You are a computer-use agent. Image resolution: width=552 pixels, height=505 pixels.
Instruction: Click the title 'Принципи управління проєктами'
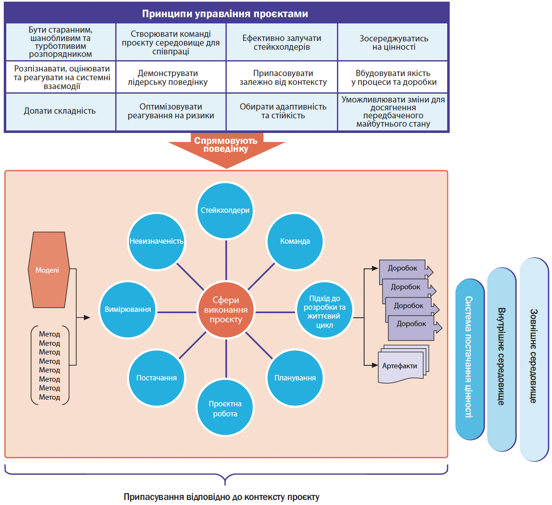point(225,14)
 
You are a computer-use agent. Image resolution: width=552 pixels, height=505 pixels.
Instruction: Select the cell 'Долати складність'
point(60,111)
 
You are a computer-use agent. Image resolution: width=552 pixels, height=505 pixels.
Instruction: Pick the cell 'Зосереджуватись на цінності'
point(393,43)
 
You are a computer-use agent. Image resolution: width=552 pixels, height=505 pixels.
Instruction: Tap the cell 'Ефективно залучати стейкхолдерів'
point(282,43)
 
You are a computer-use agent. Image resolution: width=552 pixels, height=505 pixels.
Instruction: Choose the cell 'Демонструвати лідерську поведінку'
point(171,78)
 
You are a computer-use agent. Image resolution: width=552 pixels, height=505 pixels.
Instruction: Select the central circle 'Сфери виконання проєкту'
point(226,310)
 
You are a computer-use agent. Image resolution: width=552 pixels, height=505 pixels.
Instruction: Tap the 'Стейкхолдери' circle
point(225,210)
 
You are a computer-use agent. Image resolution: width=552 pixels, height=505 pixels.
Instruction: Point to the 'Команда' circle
point(295,241)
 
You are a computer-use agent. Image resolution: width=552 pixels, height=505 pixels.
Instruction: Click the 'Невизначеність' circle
point(157,241)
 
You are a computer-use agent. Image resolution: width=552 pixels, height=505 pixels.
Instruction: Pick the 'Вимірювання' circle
point(128,309)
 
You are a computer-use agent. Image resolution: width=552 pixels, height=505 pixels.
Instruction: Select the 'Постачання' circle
point(157,378)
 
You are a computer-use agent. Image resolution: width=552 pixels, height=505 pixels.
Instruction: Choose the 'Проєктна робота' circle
point(225,408)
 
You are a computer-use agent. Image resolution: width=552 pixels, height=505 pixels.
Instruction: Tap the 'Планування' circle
point(295,378)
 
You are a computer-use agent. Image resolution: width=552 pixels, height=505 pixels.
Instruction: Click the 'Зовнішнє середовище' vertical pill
point(534,360)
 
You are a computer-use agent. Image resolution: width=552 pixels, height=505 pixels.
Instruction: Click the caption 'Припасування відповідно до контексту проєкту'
point(221,497)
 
